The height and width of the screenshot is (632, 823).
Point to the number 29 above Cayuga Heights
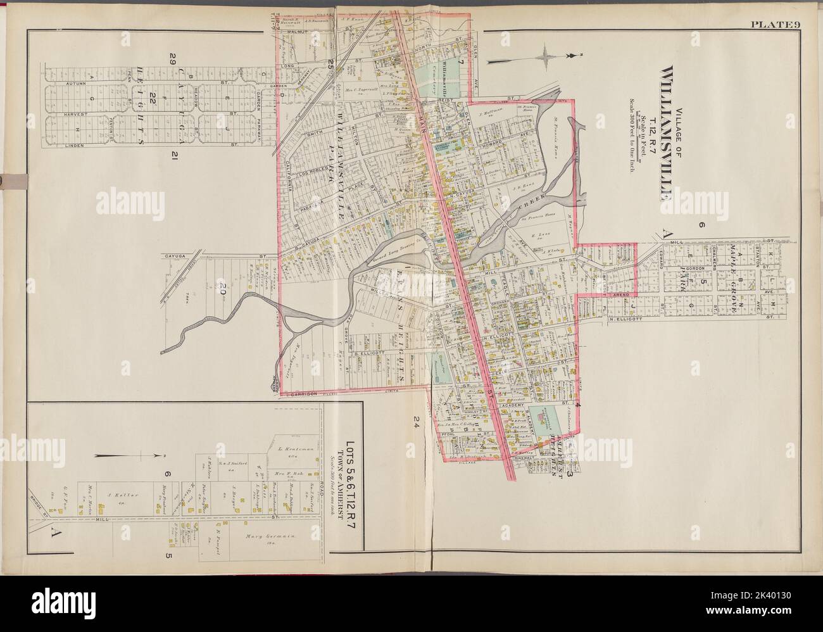pos(172,60)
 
